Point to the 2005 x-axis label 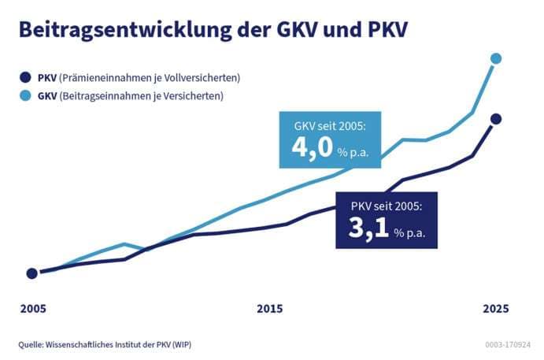click(32, 308)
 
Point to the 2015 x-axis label click(269, 308)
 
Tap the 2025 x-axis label click(495, 308)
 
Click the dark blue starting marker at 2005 click(31, 273)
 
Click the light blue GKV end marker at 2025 click(495, 58)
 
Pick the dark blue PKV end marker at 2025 click(495, 119)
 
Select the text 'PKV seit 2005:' click(387, 206)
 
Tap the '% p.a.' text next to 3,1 click(415, 233)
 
